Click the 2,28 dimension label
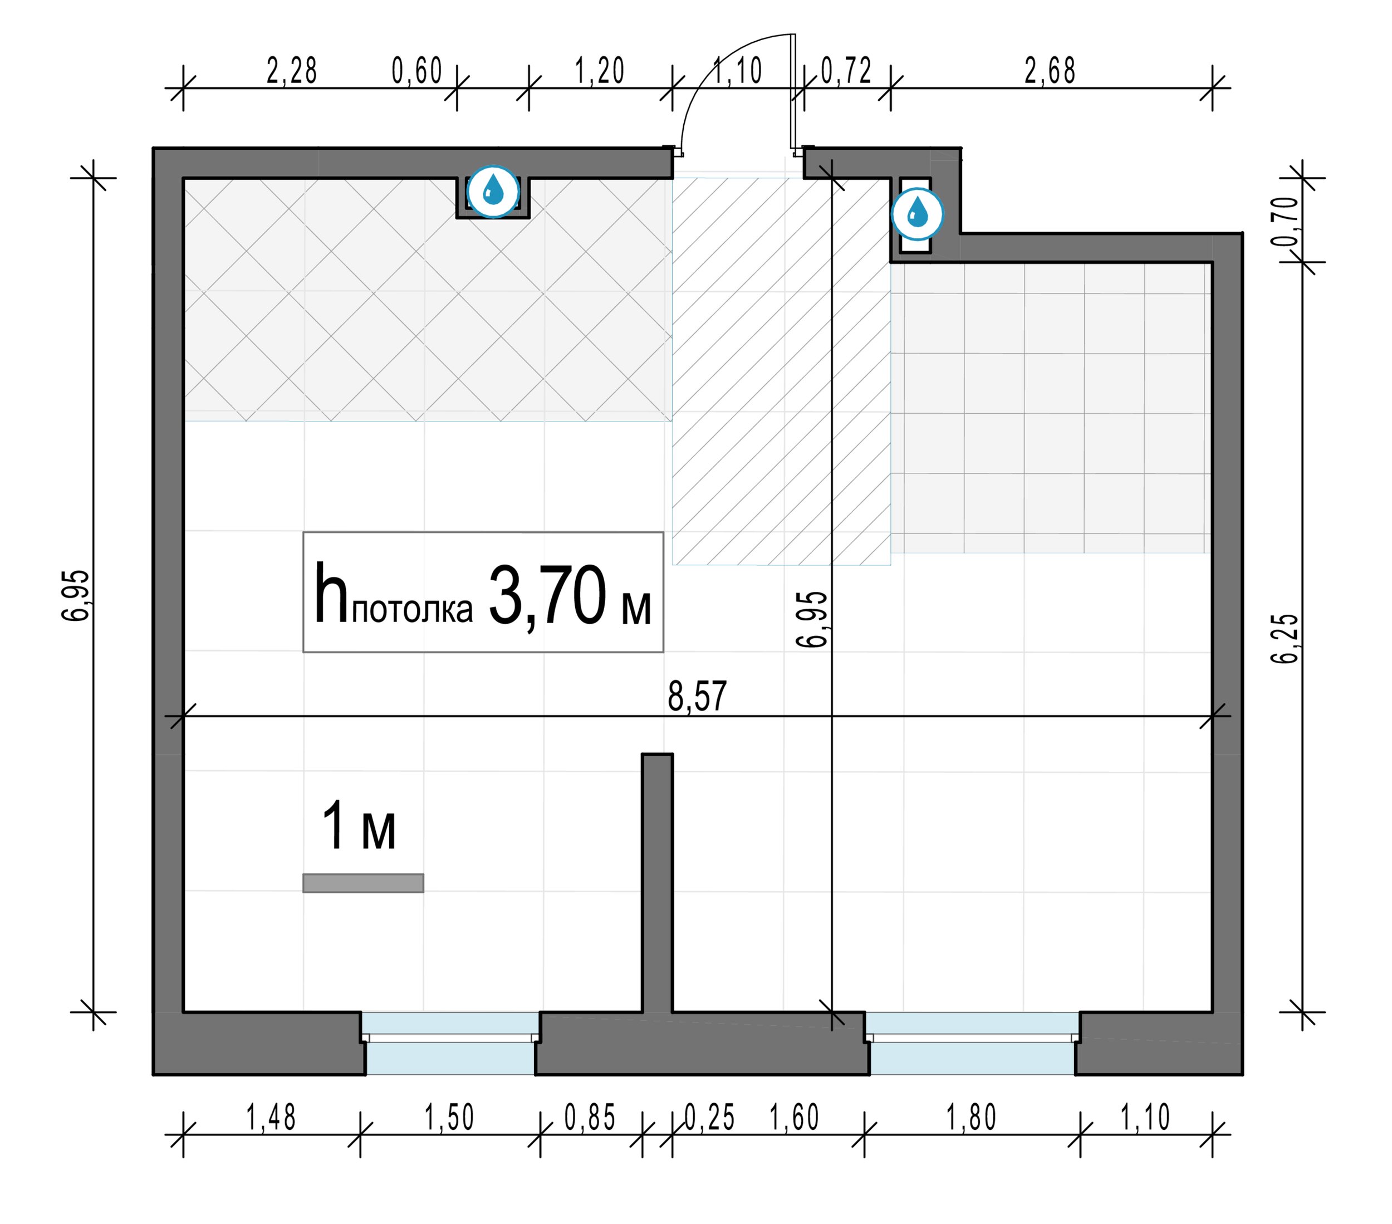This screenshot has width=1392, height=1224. pyautogui.click(x=291, y=71)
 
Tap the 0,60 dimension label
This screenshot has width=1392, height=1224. pyautogui.click(x=417, y=71)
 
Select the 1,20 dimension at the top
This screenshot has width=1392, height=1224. pyautogui.click(x=600, y=71)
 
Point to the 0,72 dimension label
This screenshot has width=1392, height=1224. pyautogui.click(x=846, y=71)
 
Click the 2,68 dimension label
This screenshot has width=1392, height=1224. pyautogui.click(x=1050, y=71)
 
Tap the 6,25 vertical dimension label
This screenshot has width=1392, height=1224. pyautogui.click(x=1286, y=638)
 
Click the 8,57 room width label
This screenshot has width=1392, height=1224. pyautogui.click(x=697, y=696)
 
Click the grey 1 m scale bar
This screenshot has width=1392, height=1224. pyautogui.click(x=363, y=883)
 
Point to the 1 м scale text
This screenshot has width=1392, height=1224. pyautogui.click(x=358, y=825)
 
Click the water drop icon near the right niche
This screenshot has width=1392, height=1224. pyautogui.click(x=918, y=214)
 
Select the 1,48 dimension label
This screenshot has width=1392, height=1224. pyautogui.click(x=271, y=1117)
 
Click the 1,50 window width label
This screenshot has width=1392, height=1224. pyautogui.click(x=449, y=1117)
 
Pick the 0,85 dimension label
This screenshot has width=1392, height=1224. pyautogui.click(x=590, y=1117)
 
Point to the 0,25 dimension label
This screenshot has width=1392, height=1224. pyautogui.click(x=709, y=1117)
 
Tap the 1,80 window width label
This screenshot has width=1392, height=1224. pyautogui.click(x=972, y=1117)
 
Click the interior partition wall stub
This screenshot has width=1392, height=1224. pyautogui.click(x=657, y=882)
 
